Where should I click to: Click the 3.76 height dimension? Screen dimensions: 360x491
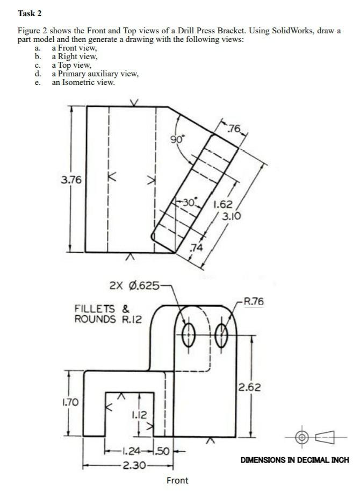(71, 180)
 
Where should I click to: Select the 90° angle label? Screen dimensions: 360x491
(178, 139)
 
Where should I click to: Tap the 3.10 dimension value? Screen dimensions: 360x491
(232, 216)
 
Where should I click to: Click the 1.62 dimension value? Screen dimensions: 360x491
(223, 204)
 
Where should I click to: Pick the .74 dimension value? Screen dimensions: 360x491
(197, 248)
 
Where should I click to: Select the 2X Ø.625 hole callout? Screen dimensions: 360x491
(135, 285)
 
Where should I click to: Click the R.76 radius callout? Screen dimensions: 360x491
(254, 301)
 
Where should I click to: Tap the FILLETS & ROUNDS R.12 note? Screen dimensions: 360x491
(108, 314)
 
